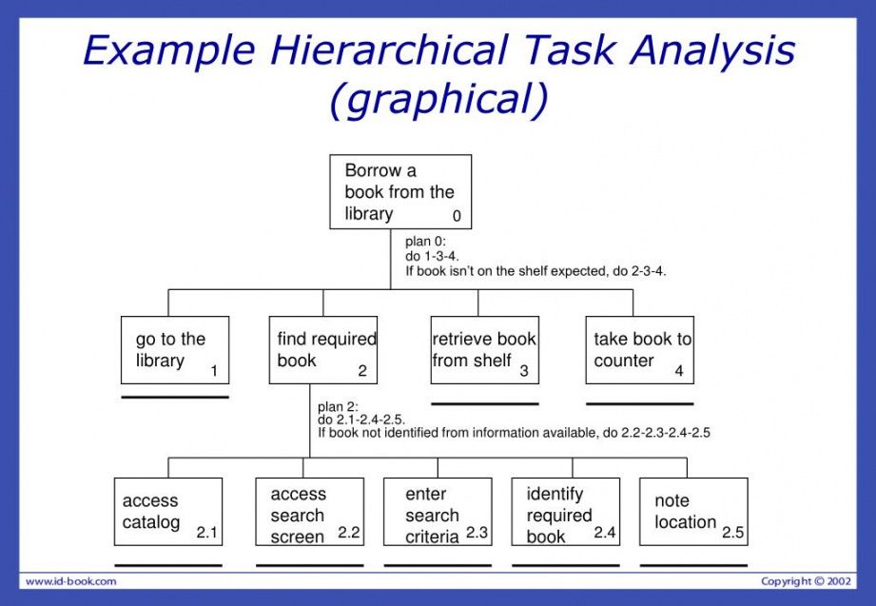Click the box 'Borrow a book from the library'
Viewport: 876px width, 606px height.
click(400, 192)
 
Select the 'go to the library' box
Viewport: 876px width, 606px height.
click(175, 350)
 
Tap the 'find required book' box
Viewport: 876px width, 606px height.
click(323, 350)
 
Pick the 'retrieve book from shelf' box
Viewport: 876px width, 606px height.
click(484, 350)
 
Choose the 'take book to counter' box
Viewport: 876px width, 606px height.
click(639, 350)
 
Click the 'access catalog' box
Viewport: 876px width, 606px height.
click(168, 512)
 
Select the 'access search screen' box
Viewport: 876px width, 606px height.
click(310, 512)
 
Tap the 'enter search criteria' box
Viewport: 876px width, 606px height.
click(438, 512)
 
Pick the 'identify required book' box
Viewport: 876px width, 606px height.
click(566, 512)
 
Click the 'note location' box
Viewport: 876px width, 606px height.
click(693, 512)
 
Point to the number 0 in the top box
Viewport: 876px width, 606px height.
click(457, 216)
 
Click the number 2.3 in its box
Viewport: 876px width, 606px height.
click(477, 534)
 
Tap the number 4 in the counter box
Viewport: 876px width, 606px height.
click(679, 371)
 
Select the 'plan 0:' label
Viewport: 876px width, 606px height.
click(424, 242)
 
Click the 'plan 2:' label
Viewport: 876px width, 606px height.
click(337, 406)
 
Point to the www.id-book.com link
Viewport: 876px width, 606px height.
click(70, 581)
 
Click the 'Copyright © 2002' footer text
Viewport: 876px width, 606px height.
click(806, 581)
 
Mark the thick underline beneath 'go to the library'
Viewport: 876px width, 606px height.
click(175, 397)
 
